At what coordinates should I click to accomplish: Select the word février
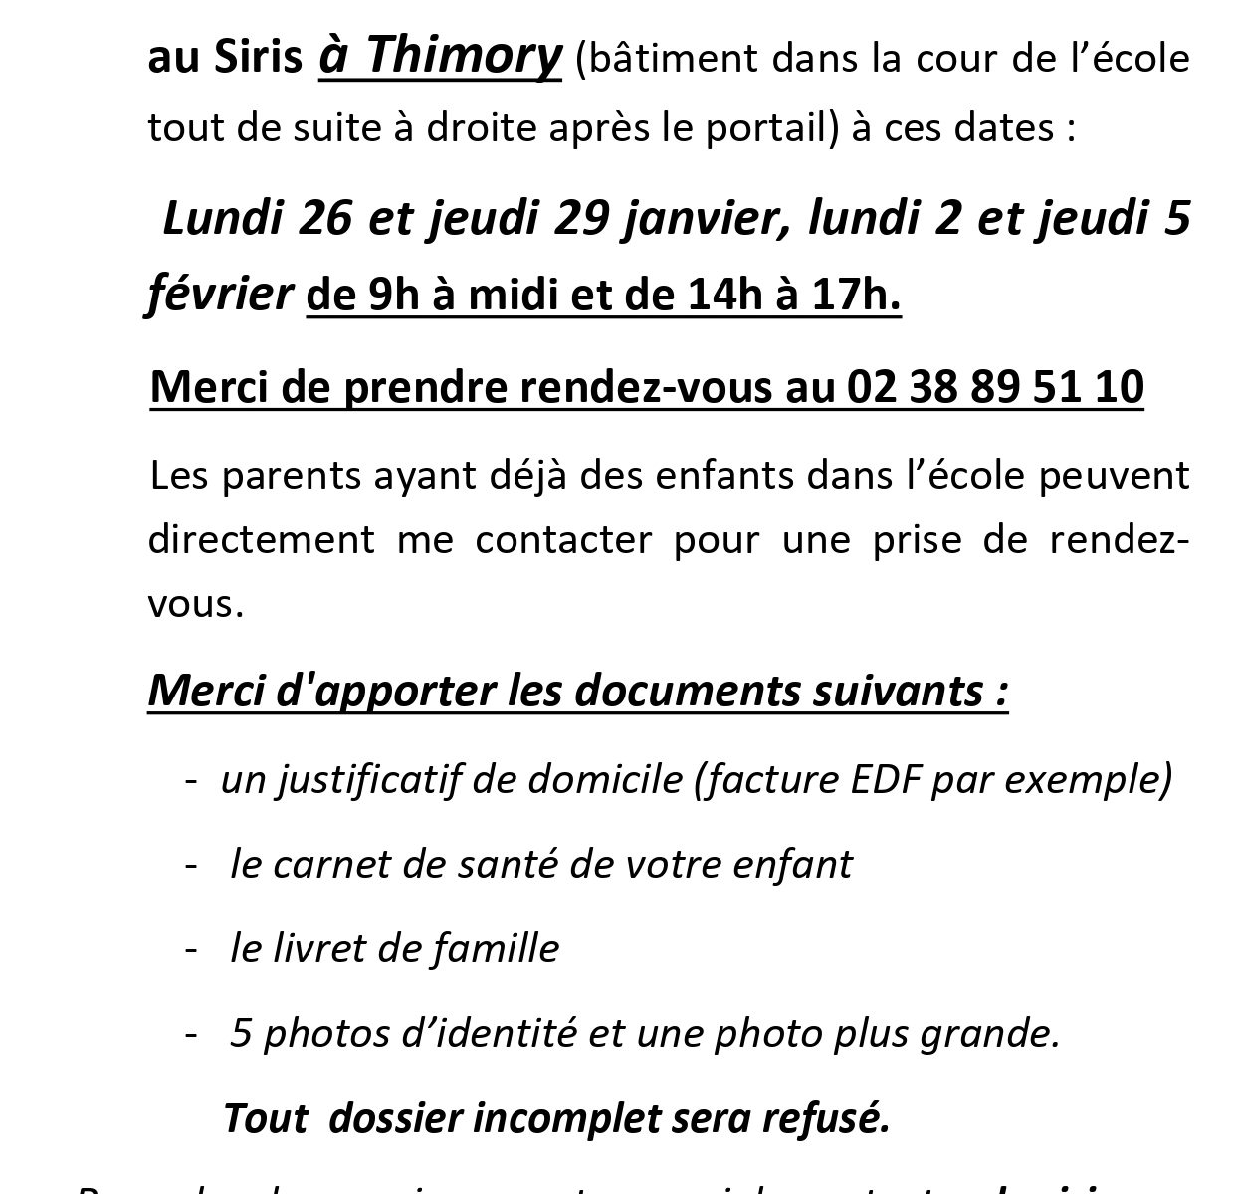(x=220, y=295)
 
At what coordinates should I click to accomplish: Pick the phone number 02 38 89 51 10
(x=995, y=387)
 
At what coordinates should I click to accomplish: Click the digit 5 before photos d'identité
(x=240, y=1034)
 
